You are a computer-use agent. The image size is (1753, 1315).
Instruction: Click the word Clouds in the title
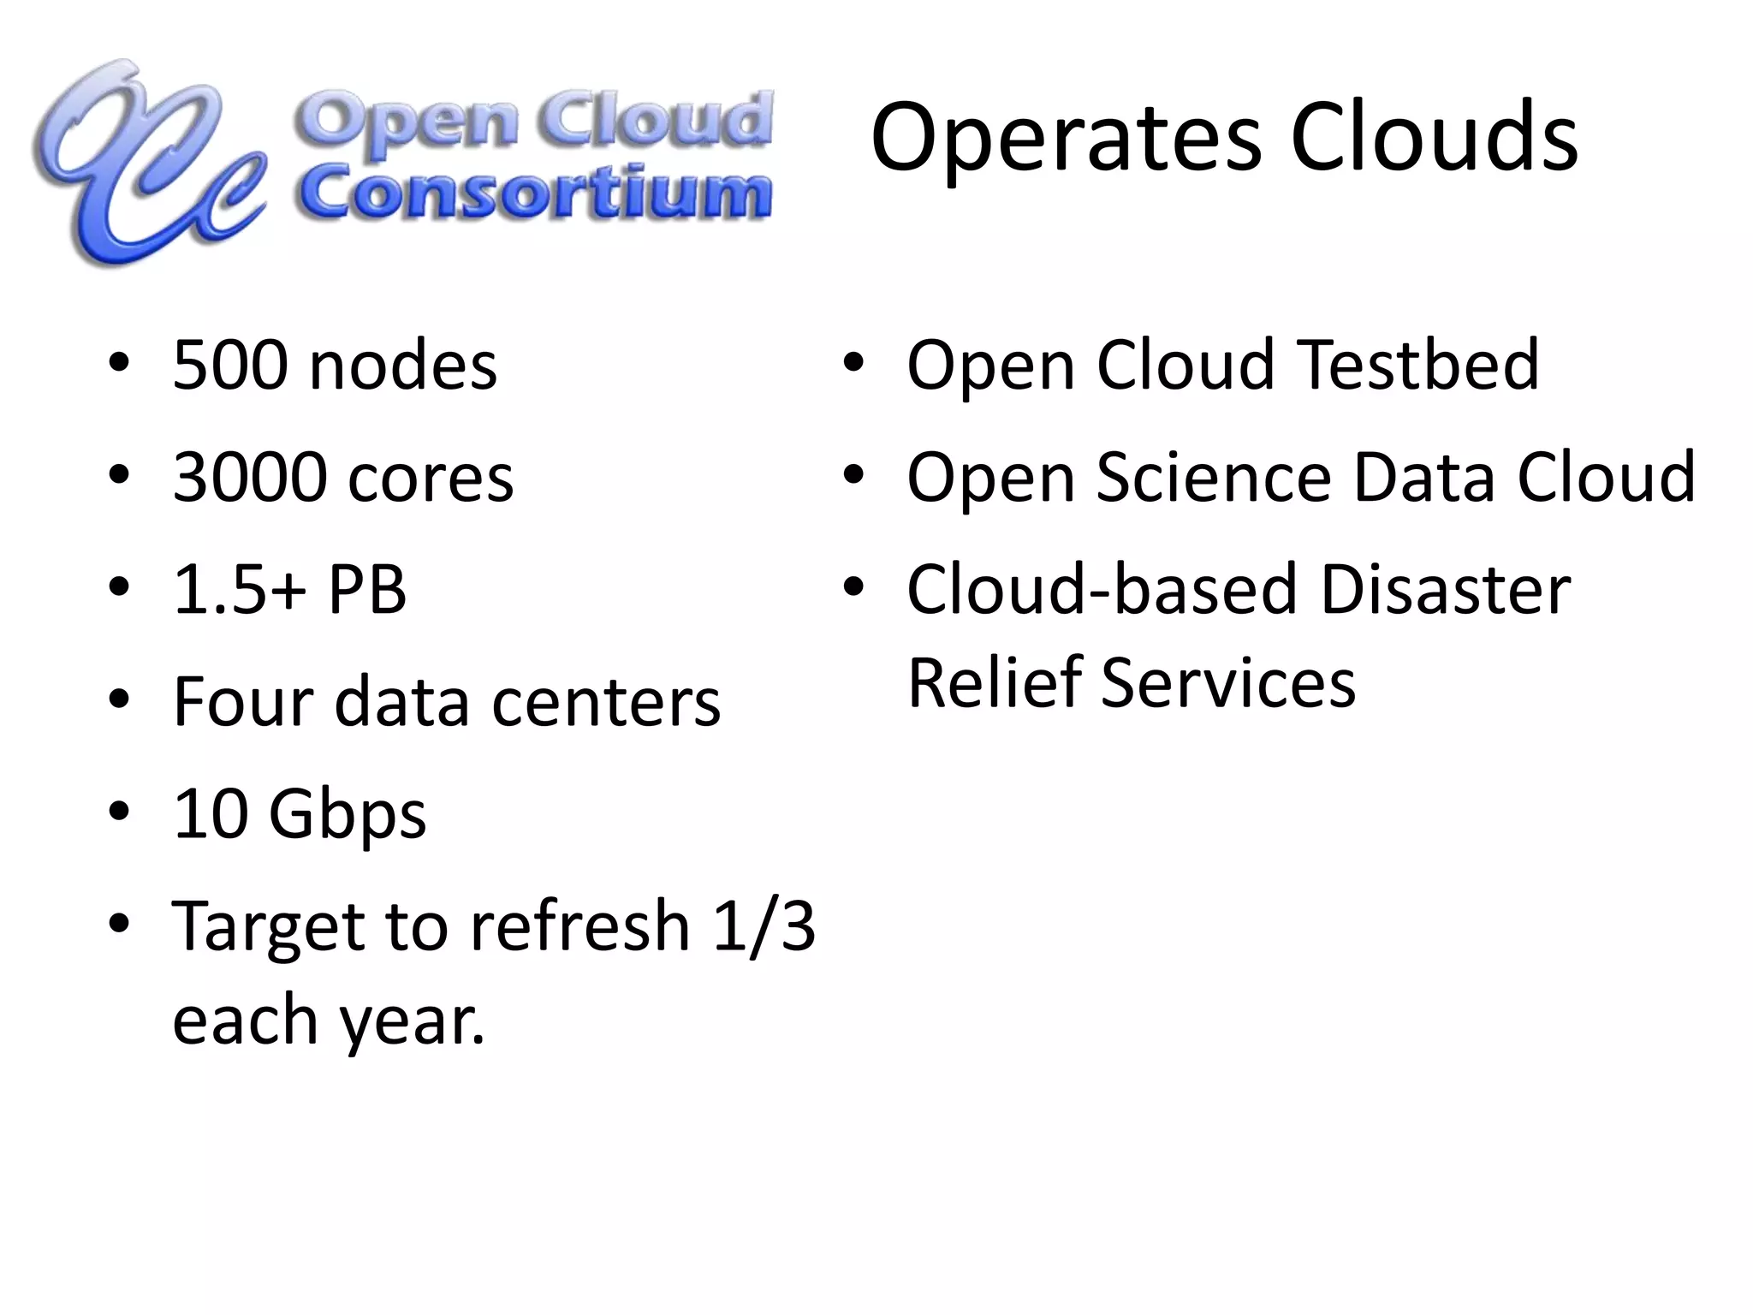(1434, 137)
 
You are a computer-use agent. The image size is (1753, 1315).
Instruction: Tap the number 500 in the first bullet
(229, 366)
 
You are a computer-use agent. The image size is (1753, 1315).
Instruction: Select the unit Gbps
(348, 815)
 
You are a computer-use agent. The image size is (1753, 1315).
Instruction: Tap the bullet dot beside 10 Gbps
(120, 810)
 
